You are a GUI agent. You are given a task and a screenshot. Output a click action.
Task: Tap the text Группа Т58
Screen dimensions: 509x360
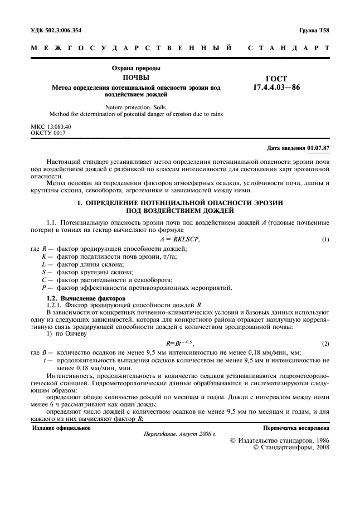coord(314,30)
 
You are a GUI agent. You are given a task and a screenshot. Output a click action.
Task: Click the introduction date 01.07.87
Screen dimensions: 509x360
coord(318,148)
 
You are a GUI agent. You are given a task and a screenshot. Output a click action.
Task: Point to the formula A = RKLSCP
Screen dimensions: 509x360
coord(179,224)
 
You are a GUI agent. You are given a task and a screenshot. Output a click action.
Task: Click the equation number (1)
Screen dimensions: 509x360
coord(326,224)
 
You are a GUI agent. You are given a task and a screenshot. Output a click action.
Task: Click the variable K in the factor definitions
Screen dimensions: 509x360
coord(43,240)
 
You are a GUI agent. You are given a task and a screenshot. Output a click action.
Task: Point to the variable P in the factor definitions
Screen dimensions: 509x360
coord(43,288)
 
